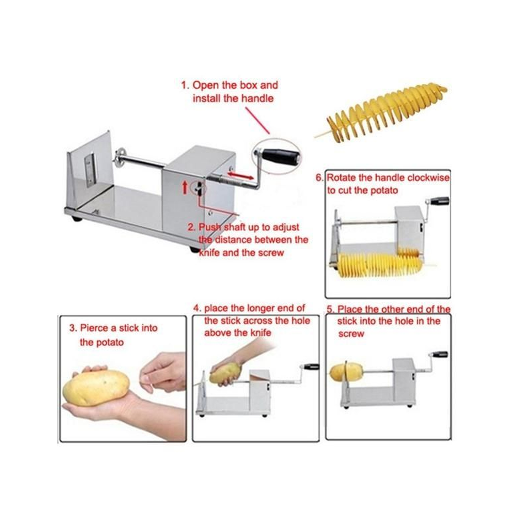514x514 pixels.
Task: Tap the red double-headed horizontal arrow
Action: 240,175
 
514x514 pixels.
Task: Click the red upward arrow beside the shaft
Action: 184,187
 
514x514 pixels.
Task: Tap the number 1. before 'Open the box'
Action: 185,86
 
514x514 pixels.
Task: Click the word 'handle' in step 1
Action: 257,98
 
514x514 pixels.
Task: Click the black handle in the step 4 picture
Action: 312,367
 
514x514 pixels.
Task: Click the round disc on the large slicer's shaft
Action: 119,158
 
